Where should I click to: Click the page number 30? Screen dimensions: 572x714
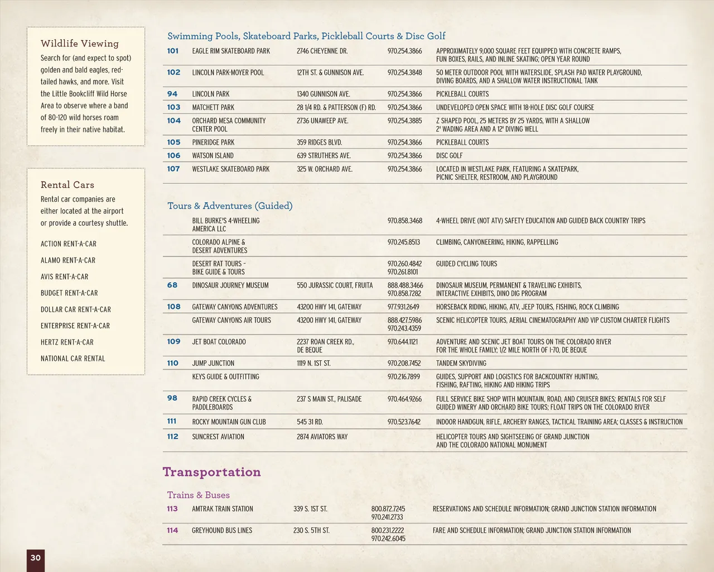point(35,557)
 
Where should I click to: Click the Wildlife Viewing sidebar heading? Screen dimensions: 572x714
point(80,44)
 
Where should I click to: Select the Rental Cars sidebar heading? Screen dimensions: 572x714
point(67,185)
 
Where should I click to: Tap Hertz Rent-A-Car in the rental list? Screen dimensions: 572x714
point(67,342)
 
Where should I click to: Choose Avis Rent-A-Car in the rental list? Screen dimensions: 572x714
point(64,277)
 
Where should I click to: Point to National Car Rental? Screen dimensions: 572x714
point(73,359)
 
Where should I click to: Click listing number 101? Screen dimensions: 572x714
point(173,51)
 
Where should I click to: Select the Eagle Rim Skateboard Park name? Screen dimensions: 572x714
point(231,51)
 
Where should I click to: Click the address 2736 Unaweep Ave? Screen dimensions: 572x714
point(322,121)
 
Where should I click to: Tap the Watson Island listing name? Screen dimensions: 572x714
point(213,156)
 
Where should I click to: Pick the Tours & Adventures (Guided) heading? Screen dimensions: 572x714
point(230,206)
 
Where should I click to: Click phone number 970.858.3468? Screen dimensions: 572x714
point(405,221)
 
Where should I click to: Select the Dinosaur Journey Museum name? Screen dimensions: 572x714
point(230,285)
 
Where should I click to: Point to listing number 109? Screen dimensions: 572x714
point(173,342)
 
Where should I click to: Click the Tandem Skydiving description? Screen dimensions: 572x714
point(461,363)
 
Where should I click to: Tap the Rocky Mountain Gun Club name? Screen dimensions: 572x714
point(229,422)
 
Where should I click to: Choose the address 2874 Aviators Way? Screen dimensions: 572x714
point(322,437)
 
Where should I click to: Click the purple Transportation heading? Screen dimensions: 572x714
point(211,472)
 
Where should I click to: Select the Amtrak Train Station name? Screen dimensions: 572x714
point(223,509)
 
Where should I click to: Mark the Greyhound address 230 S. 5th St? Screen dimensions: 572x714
point(311,531)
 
